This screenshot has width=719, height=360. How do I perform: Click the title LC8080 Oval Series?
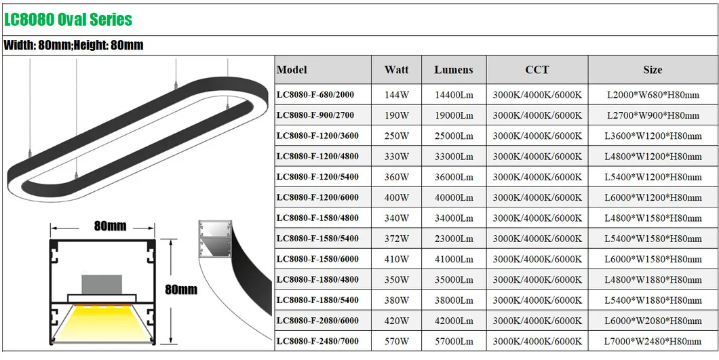point(68,19)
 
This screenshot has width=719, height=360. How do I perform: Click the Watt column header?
point(396,70)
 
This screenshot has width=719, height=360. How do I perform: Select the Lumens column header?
point(453,70)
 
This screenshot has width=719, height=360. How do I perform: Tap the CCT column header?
point(537,70)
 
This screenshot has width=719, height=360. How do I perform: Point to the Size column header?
point(653,70)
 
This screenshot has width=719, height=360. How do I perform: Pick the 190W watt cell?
point(396,115)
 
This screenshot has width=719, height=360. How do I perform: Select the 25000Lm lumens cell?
point(453,136)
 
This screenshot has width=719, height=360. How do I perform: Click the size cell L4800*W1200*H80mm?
point(653,157)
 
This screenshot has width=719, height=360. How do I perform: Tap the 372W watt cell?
point(396,239)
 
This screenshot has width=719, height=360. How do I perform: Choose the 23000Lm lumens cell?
point(453,239)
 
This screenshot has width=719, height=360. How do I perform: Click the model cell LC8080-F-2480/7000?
point(318,341)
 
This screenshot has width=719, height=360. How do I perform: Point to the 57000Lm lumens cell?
point(453,341)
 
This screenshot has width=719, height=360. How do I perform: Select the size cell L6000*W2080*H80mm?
point(653,321)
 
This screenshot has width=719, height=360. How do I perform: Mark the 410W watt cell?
point(396,259)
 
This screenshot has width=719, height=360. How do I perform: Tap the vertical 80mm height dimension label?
point(180,289)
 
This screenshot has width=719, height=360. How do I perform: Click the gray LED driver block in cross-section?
point(102,284)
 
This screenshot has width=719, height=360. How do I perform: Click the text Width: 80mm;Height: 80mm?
point(74,45)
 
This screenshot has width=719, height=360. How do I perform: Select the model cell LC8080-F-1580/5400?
point(318,239)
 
